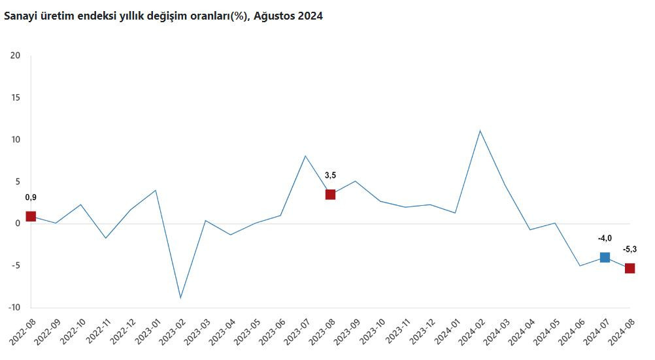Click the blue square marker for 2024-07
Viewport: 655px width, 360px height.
coord(605,257)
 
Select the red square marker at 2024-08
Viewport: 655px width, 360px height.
coord(630,269)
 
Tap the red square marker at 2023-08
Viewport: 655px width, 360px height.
coord(330,194)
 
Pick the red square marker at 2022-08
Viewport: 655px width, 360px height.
coord(31,216)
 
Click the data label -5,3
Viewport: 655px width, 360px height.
coord(630,249)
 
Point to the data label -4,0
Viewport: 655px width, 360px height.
coord(605,238)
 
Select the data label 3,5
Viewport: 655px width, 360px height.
coord(331,175)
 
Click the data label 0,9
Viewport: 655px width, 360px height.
coord(31,197)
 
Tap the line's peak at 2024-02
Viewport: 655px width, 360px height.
coord(480,131)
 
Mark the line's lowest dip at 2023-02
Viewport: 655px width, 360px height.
coord(180,298)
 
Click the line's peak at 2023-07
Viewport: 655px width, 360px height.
coord(305,156)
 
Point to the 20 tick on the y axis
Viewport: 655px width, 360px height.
coord(16,56)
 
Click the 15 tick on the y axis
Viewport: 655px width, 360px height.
coord(16,98)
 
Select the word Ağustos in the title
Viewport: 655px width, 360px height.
coord(270,17)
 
